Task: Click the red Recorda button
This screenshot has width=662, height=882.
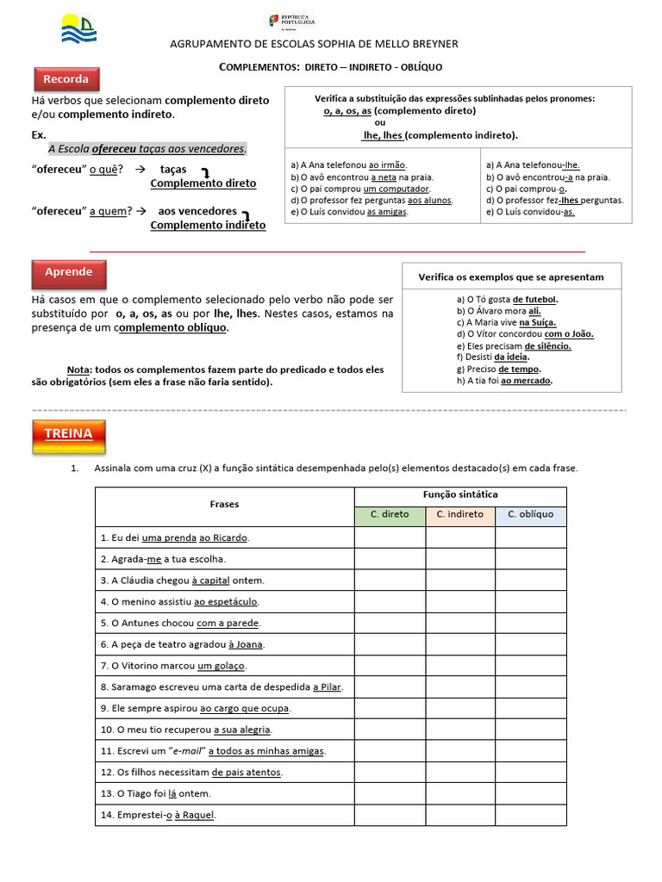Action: (66, 79)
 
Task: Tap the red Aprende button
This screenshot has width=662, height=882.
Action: (68, 272)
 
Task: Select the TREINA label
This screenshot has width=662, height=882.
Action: (68, 434)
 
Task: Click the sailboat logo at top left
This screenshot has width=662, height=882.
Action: (78, 28)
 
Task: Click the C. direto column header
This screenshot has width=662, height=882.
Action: (390, 515)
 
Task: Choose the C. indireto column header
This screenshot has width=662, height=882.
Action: (459, 515)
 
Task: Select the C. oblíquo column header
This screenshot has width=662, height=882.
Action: (530, 515)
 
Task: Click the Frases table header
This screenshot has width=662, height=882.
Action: (224, 505)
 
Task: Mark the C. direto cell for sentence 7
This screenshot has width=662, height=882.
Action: (390, 666)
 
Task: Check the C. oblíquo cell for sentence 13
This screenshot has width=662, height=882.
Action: (530, 793)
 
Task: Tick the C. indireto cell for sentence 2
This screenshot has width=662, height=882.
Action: (459, 559)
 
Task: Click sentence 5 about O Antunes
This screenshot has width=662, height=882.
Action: (180, 623)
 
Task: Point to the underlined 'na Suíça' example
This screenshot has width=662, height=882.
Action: (540, 322)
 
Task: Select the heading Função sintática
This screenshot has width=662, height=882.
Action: (459, 494)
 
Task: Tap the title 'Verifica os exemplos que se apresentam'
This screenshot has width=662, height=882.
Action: (511, 277)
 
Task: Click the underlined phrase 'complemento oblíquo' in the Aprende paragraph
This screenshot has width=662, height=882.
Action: (173, 328)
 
